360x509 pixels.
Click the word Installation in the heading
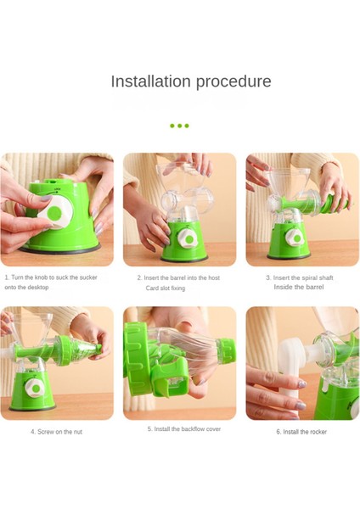150,81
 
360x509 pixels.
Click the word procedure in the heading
233,81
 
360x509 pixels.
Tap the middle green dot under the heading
179,126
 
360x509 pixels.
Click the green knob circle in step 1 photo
54,213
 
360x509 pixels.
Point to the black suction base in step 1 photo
60,249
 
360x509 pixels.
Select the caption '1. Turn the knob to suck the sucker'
51,277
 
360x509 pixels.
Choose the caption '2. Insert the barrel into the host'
178,278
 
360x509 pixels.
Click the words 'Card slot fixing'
166,288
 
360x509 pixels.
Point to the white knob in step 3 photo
295,238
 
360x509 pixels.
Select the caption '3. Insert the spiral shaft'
300,278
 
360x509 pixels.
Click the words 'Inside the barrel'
299,287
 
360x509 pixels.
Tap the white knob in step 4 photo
34,389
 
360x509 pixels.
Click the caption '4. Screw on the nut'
57,432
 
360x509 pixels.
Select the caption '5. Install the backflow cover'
184,428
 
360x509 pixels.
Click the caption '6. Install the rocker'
301,432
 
